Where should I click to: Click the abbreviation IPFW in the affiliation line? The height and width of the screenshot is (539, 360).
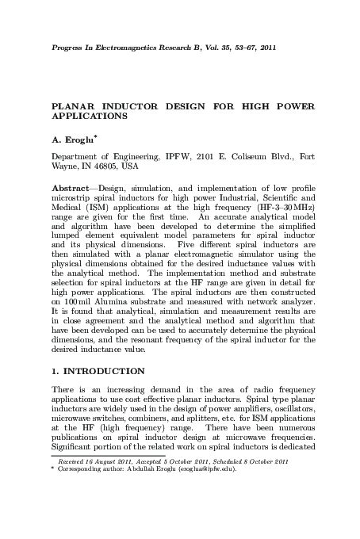[190, 156]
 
